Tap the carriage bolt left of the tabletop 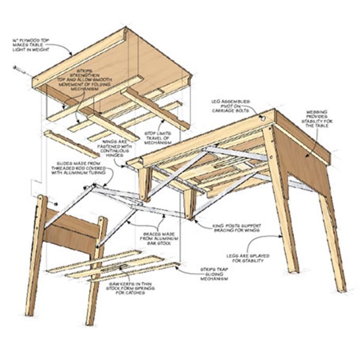coord(19,68)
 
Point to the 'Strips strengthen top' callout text coord(99,79)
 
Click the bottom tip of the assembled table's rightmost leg coord(341,289)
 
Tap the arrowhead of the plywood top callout coord(70,55)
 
